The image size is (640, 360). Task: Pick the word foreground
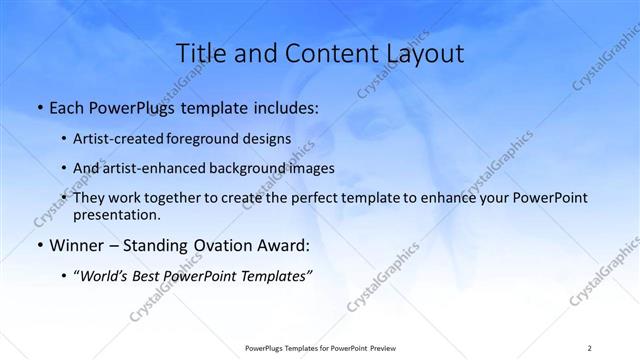point(214,138)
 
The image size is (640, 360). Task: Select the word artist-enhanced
point(161,168)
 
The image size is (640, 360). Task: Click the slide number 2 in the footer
point(588,348)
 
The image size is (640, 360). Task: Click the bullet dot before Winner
point(38,246)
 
